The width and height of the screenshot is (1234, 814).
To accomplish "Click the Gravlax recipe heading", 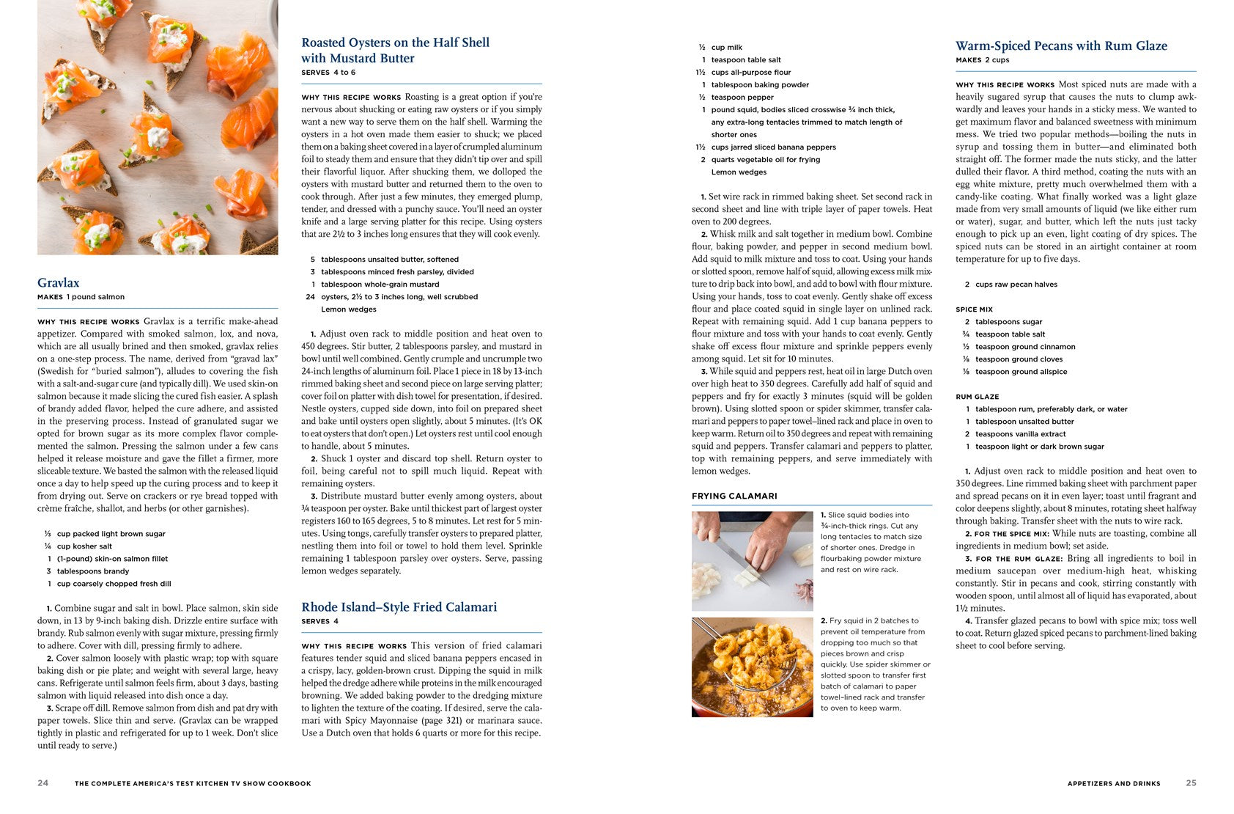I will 59,283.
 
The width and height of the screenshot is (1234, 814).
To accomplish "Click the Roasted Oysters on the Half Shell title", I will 395,50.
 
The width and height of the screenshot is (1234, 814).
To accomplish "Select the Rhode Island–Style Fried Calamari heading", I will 399,607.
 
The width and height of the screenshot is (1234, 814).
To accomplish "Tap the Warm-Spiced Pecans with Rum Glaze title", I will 1061,46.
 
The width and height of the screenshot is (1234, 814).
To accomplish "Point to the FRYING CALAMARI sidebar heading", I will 734,496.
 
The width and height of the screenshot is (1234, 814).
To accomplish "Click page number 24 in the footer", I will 43,783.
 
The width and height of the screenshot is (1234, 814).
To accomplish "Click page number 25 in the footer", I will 1191,783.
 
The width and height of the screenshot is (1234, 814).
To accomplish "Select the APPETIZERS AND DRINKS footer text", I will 1114,784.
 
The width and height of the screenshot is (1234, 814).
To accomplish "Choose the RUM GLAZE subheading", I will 977,397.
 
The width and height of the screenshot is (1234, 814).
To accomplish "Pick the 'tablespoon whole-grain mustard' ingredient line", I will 380,285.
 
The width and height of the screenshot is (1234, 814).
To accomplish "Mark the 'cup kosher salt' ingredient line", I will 84,546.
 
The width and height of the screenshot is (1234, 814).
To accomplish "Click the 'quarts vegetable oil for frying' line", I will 765,160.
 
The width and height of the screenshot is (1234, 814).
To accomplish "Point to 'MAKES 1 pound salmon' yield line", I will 81,297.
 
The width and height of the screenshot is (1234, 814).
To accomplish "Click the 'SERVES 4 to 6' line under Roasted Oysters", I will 328,73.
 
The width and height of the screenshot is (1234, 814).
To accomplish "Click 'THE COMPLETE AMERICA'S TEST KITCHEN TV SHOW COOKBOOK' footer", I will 193,784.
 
